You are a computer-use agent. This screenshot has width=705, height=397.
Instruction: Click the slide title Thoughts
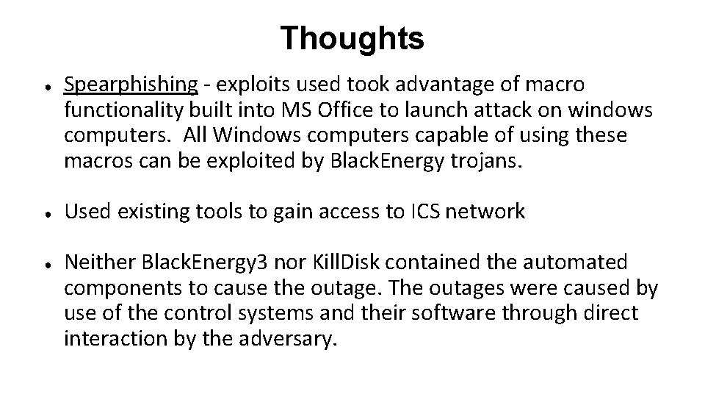pyautogui.click(x=352, y=39)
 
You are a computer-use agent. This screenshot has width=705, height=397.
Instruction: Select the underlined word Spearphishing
pyautogui.click(x=131, y=85)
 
